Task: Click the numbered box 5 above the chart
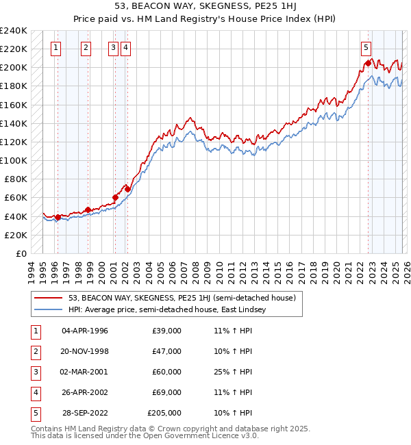coord(366,48)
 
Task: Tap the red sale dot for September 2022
coord(368,63)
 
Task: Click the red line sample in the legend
coord(49,298)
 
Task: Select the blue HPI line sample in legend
coord(49,309)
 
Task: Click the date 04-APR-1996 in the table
coord(85,331)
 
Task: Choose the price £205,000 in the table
coord(164,413)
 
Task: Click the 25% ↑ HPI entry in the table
coord(233,372)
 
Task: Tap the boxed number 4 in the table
coord(34,392)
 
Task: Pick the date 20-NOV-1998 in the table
coord(85,351)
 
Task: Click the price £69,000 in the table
coord(166,392)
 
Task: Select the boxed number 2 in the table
coord(34,351)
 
